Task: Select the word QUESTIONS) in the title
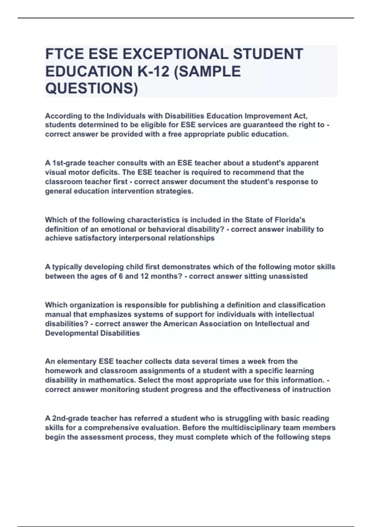point(91,89)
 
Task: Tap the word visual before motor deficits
point(55,172)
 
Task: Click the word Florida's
point(290,220)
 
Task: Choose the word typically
point(67,267)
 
